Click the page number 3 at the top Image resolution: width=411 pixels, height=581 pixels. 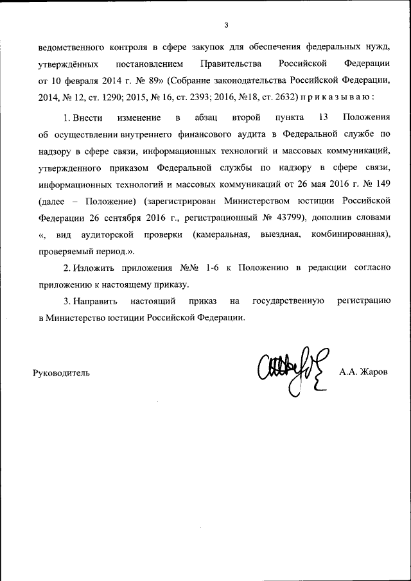coord(226,25)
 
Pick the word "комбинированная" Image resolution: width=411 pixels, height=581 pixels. coord(351,235)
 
